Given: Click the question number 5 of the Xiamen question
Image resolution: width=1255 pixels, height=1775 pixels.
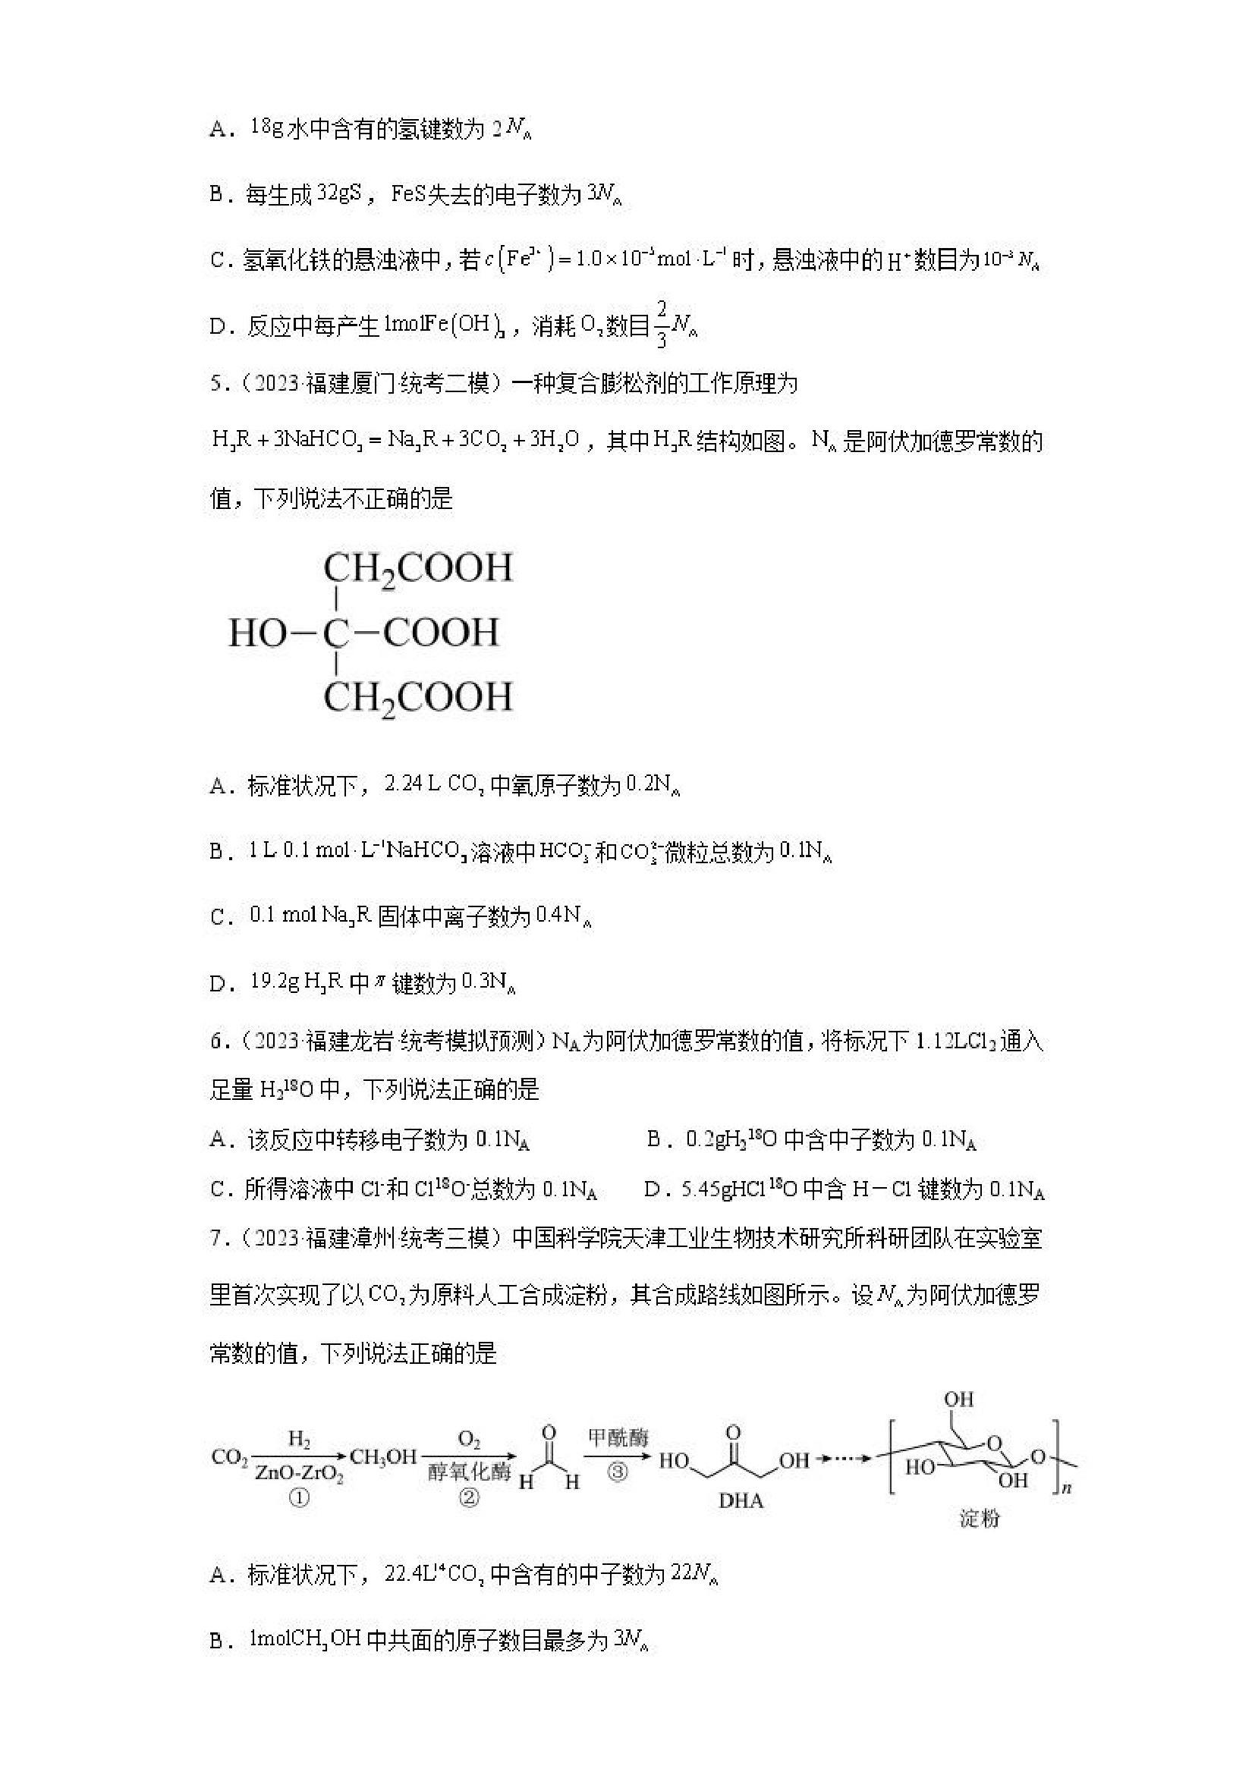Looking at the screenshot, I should click(x=215, y=384).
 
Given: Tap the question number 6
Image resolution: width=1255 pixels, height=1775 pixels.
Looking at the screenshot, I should click(x=215, y=1041).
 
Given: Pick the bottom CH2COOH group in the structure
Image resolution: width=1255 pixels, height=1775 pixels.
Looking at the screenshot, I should click(x=417, y=698).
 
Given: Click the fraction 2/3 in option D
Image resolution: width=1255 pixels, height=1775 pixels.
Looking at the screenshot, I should click(x=662, y=325).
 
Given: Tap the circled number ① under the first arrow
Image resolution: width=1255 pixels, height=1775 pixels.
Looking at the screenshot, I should click(x=299, y=1498).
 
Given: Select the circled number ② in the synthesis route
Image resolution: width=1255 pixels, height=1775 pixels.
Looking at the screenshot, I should click(x=470, y=1498).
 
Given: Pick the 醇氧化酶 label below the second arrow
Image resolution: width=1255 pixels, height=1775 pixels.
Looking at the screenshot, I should click(x=470, y=1472).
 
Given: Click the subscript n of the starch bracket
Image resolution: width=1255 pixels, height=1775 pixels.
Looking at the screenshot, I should click(x=1066, y=1488).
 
